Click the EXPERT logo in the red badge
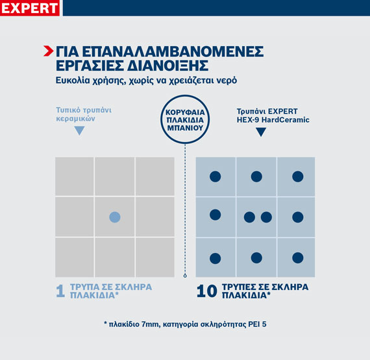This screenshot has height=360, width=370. click(30, 8)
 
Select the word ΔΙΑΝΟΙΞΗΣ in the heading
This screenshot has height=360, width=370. click(172, 66)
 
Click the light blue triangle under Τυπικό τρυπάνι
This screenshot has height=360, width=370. click(79, 130)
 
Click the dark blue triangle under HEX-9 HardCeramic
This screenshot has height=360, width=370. click(261, 132)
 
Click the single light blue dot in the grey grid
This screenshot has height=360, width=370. click(114, 217)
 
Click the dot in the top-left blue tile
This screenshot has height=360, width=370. click(216, 176)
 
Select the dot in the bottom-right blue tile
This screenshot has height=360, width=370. click(297, 258)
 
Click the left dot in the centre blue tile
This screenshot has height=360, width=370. click(249, 217)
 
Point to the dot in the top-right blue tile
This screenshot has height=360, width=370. click(297, 176)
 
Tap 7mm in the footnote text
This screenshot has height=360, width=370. click(145, 322)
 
